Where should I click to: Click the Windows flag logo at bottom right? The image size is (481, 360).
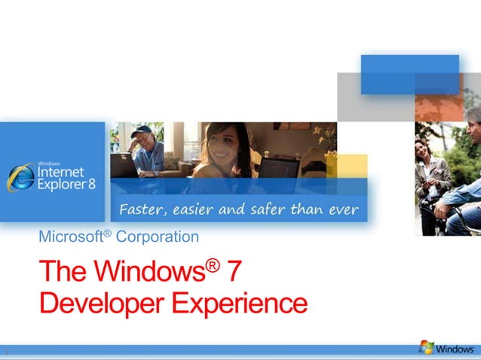click(427, 347)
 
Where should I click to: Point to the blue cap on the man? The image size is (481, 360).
click(142, 130)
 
